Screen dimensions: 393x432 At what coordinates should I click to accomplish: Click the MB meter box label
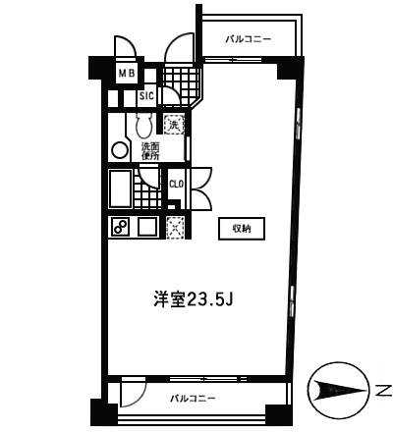coord(127,74)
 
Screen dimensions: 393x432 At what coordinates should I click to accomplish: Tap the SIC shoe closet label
coord(146,96)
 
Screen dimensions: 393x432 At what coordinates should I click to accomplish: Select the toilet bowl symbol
coord(143,125)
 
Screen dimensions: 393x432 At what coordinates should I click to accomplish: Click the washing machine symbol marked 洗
coord(174,124)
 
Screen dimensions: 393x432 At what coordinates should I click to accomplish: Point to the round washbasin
coord(120,150)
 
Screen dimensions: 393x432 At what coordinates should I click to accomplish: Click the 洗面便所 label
coord(150,151)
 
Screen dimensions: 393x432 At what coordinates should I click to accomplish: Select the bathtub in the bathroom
coord(120,189)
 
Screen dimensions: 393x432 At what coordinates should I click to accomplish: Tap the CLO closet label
coord(176,185)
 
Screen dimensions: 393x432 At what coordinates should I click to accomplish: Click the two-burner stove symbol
coord(120,227)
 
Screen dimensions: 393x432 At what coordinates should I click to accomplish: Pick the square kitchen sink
coord(147,227)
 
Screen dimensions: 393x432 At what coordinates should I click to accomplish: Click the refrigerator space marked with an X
coord(176,228)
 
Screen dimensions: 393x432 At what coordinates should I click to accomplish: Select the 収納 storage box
coord(242,229)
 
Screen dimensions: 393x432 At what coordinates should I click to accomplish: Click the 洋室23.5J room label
coord(194,298)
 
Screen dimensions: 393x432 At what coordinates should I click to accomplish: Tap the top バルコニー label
coord(249,39)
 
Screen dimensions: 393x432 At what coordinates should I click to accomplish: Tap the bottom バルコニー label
coord(193,399)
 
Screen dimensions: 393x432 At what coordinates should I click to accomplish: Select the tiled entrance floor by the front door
coord(182,84)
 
